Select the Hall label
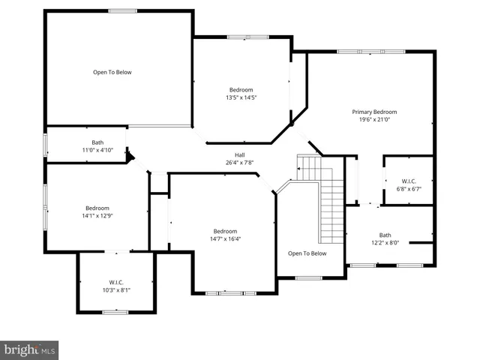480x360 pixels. point(229,155)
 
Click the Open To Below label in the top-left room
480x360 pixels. point(112,72)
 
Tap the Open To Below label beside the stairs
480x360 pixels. point(307,253)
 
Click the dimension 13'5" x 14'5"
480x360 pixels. point(241,97)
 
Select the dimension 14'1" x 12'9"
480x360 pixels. point(97,215)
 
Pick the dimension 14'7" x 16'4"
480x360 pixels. point(225,238)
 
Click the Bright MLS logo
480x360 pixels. point(30,349)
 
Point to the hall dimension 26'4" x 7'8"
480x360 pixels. point(229,163)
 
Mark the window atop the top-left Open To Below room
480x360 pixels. point(122,10)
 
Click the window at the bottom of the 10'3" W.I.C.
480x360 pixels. point(115,312)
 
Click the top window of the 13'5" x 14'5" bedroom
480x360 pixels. point(247,36)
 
